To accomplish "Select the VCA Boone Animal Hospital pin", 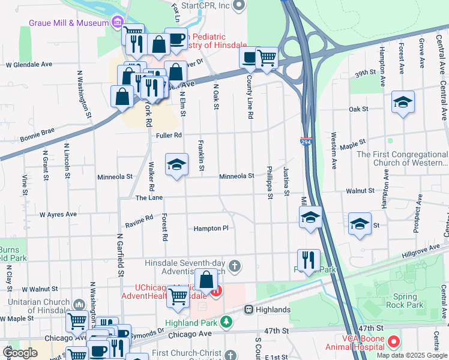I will tap(394, 342).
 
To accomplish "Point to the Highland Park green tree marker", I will tap(226, 322).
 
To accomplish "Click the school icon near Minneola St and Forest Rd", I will tap(176, 166).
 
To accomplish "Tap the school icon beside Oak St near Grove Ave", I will tap(403, 103).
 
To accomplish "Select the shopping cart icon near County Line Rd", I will tap(267, 58).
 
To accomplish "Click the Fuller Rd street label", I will tap(169, 136).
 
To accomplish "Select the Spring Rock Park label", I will tap(409, 301).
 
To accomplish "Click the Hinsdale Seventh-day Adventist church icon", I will tap(235, 265).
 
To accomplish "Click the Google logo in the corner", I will tap(20, 352).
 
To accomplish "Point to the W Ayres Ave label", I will tap(58, 214).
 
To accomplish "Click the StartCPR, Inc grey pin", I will tap(239, 6).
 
